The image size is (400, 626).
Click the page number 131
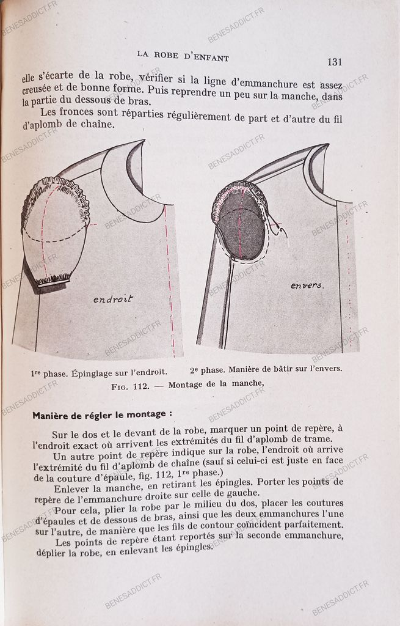[x=338, y=62]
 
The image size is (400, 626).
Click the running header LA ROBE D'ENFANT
[x=183, y=58]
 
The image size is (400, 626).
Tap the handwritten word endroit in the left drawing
[x=113, y=299]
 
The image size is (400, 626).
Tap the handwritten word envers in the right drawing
[x=307, y=285]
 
